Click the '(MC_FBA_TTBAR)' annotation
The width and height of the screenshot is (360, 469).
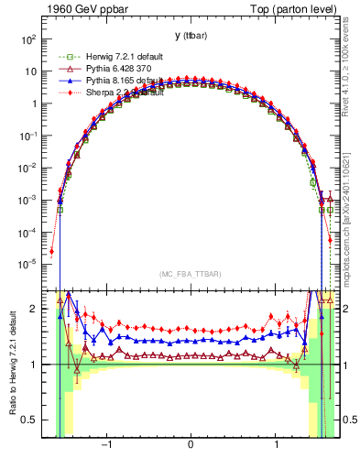click(190, 275)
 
